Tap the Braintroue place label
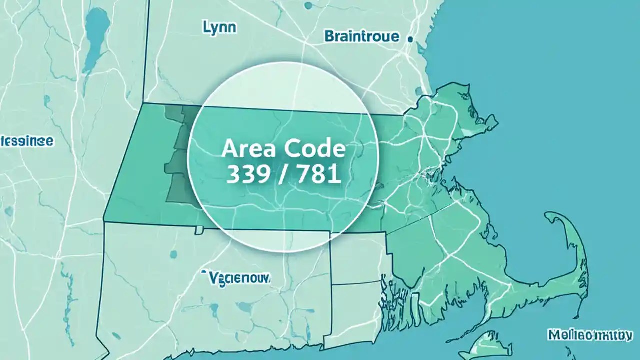coord(362,36)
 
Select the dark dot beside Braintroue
coord(410,38)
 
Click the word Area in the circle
coord(245,149)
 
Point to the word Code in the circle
coord(314,149)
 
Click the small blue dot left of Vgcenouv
coord(204,272)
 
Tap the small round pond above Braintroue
coord(308,6)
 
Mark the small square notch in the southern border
coord(199,230)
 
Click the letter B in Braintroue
coord(329,36)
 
